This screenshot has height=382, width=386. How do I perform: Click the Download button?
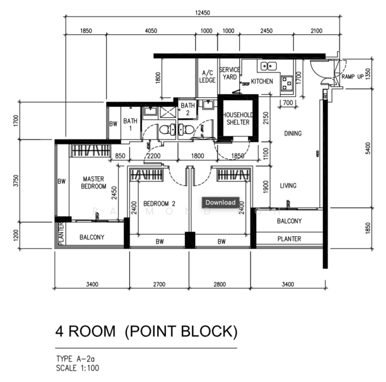[x=221, y=202]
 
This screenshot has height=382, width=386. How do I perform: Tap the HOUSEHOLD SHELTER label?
[x=238, y=118]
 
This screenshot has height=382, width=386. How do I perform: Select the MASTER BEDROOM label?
[x=93, y=183]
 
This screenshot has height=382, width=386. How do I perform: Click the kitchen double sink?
[x=268, y=66]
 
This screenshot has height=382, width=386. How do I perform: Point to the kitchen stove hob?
[x=287, y=83]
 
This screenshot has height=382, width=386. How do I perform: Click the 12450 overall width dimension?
[x=203, y=13]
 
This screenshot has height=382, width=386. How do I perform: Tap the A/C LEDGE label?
[x=207, y=76]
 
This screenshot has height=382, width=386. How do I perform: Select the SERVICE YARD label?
[x=230, y=73]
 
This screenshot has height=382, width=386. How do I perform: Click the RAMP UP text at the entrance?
[x=352, y=76]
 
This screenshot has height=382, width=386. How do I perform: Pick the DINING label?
[x=293, y=134]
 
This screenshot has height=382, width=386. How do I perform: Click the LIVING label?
[x=288, y=185]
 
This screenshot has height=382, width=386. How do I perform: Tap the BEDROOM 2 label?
[x=159, y=204]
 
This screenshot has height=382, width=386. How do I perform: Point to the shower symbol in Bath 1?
[x=168, y=113]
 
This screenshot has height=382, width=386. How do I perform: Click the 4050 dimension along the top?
[x=151, y=31]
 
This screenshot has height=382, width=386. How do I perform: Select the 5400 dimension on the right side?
[x=368, y=148]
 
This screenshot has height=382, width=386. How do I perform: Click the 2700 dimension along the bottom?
[x=159, y=285]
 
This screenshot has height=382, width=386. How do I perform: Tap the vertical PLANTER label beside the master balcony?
[x=61, y=234]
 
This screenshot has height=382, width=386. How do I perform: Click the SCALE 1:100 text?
[x=78, y=368]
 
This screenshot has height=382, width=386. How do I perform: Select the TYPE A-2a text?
[x=75, y=359]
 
